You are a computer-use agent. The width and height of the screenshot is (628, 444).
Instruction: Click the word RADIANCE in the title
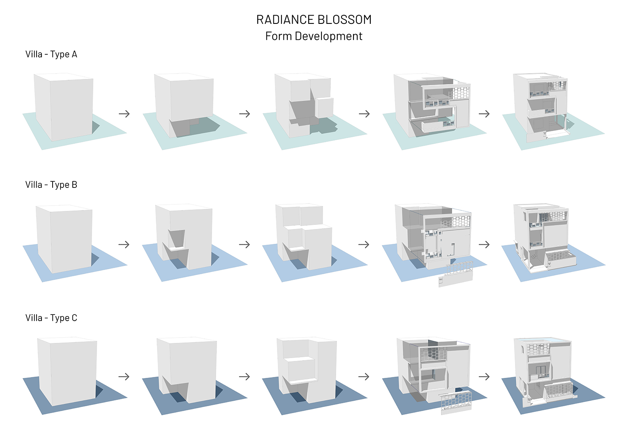[285, 20]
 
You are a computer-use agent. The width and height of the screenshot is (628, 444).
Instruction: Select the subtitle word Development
[328, 36]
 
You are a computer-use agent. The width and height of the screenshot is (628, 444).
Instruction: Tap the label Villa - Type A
[51, 54]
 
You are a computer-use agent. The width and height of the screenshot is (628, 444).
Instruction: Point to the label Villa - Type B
[51, 185]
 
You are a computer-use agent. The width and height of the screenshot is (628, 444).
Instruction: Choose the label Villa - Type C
[51, 318]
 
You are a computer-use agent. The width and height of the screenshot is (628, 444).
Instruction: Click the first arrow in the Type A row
[124, 114]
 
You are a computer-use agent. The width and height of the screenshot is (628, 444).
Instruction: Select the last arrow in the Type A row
[484, 114]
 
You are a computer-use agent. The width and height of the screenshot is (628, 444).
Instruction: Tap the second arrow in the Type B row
[245, 245]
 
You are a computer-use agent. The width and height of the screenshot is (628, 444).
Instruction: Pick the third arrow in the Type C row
[364, 377]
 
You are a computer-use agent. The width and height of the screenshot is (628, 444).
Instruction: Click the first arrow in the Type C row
[124, 377]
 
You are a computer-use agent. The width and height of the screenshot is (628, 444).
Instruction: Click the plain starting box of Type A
[64, 107]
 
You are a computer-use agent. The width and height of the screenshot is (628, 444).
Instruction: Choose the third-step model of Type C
[306, 368]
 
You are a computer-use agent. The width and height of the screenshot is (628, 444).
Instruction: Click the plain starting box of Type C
[67, 370]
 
